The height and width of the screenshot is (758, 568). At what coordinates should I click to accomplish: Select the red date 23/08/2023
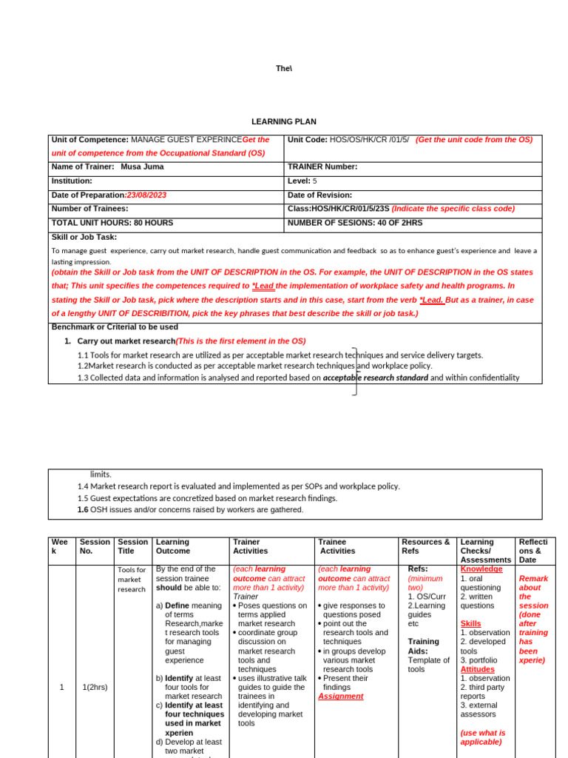pos(146,195)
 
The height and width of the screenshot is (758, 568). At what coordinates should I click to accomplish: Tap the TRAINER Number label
pos(322,167)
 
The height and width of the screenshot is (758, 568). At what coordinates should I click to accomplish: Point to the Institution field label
pos(72,181)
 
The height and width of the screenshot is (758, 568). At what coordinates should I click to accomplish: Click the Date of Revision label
pos(319,195)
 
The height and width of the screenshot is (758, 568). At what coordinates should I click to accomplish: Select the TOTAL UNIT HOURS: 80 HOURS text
pos(112,222)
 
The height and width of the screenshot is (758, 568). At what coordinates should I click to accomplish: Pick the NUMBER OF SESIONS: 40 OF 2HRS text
pos(354,222)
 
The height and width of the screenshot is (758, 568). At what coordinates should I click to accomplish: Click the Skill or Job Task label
pos(84,237)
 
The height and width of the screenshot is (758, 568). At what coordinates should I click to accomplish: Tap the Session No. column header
pos(95,546)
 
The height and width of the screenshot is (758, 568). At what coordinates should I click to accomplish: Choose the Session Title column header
pos(133,546)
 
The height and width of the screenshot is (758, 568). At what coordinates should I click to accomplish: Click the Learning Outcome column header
pos(173,546)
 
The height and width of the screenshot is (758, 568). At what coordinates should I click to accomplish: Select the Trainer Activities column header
pos(251,546)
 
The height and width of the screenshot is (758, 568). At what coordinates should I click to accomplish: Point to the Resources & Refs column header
pos(425,546)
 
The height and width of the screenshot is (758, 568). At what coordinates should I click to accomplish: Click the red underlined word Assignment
pos(340,696)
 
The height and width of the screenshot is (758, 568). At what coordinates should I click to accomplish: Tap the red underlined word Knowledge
pos(481,569)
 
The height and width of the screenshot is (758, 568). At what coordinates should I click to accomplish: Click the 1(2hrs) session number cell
pos(95,687)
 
